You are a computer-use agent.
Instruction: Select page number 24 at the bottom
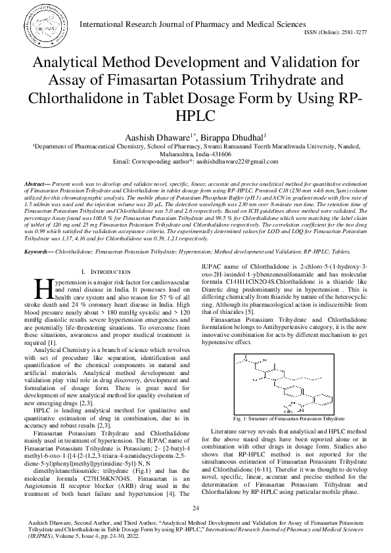pos(195,509)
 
